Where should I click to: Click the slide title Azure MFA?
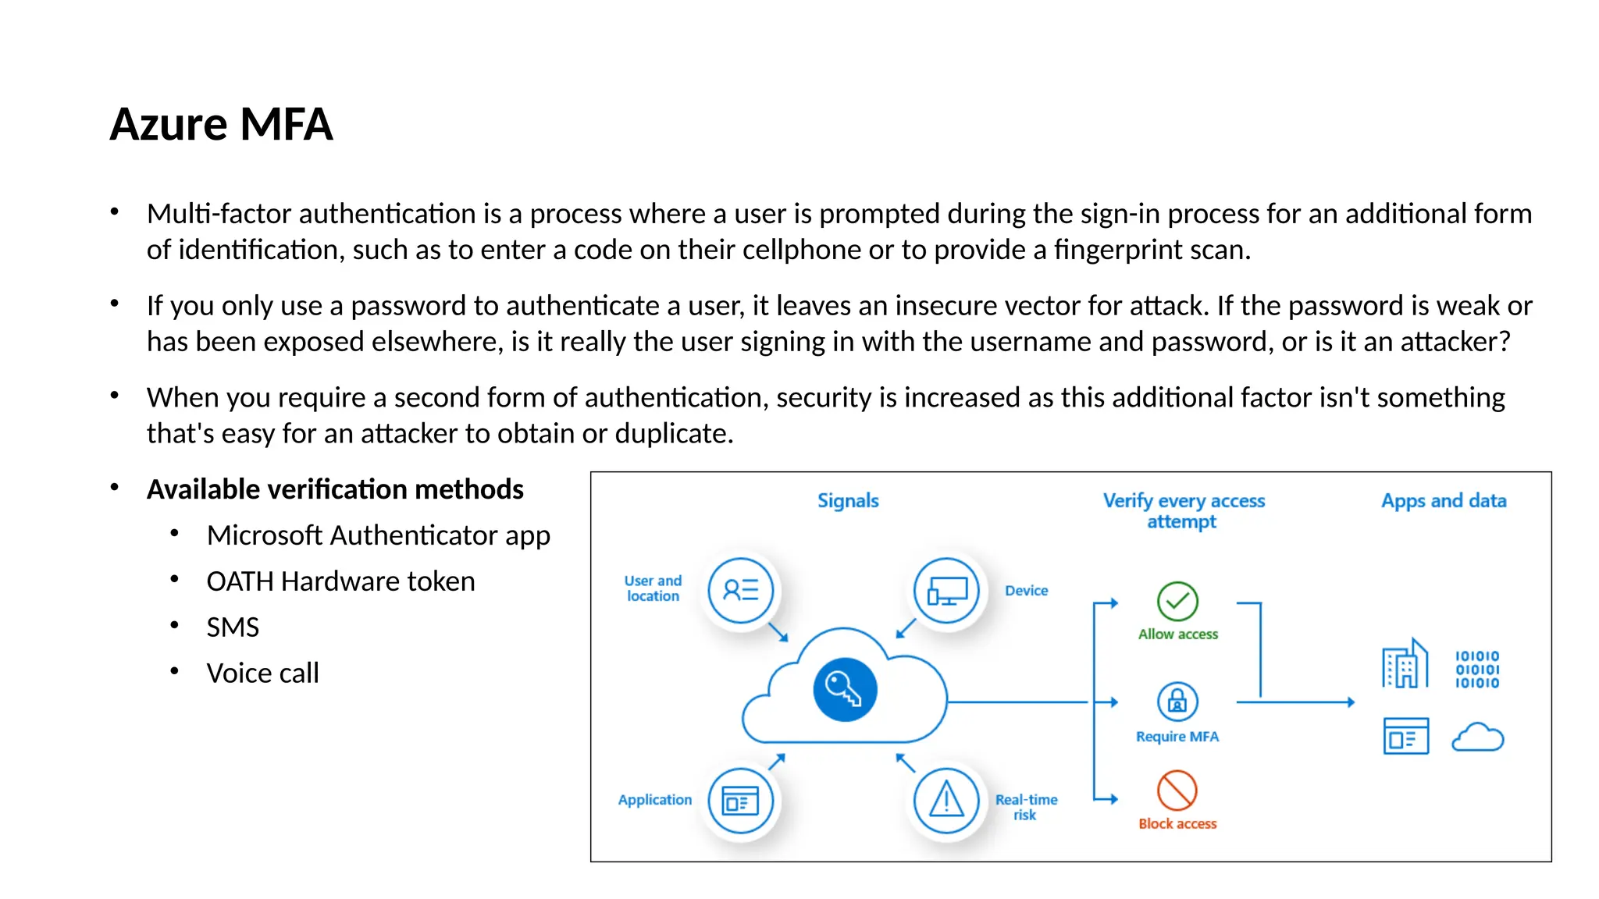(x=221, y=124)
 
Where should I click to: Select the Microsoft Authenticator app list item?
(x=378, y=535)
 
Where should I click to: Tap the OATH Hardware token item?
(x=340, y=581)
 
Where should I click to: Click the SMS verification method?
(x=232, y=627)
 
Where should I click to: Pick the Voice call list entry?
(x=262, y=673)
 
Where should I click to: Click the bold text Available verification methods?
(x=335, y=489)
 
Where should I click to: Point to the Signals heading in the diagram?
(x=848, y=501)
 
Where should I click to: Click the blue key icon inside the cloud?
(x=845, y=690)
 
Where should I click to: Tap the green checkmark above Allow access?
(x=1177, y=601)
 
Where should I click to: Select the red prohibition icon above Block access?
(x=1177, y=791)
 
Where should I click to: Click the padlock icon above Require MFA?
(x=1177, y=702)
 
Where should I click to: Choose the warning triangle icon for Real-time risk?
(x=946, y=801)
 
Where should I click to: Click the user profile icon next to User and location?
(x=740, y=590)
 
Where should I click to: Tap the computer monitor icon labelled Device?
(x=946, y=591)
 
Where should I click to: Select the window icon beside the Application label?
(x=740, y=801)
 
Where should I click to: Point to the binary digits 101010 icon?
(x=1477, y=670)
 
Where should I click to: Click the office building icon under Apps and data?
(x=1405, y=665)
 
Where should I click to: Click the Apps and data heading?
(x=1443, y=501)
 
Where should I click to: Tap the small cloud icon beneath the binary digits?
(x=1477, y=737)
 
